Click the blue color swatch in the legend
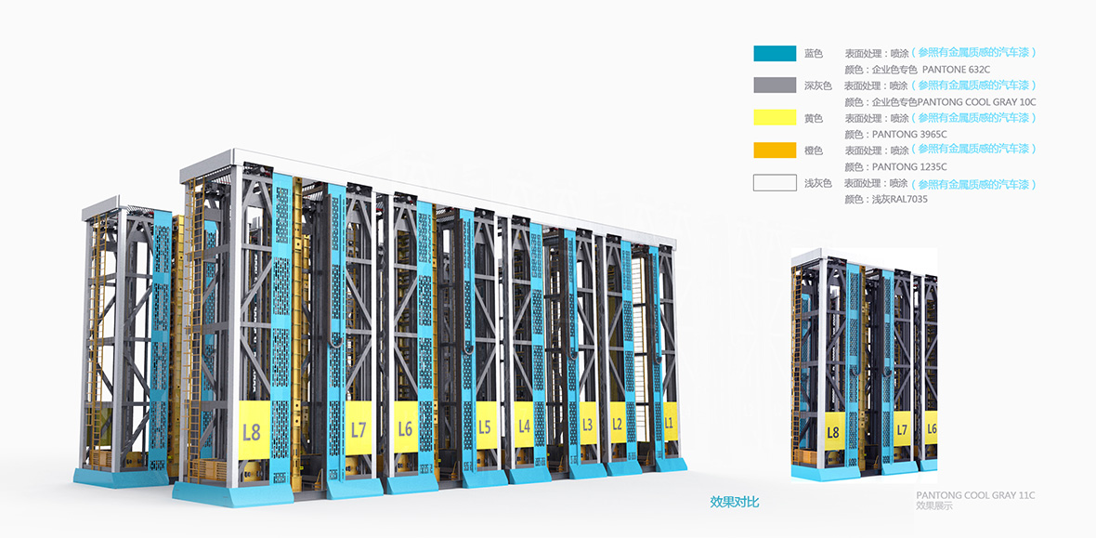[775, 54]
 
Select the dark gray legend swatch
[775, 85]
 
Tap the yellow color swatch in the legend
[775, 118]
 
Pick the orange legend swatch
[775, 150]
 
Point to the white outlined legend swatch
[775, 182]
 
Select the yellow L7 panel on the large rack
[359, 427]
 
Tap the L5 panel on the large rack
[484, 426]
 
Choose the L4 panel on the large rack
[524, 425]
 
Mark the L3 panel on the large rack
[587, 424]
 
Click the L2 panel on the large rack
[617, 423]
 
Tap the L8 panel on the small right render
[832, 430]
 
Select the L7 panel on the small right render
[901, 428]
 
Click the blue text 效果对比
[735, 502]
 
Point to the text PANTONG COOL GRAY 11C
[975, 495]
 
